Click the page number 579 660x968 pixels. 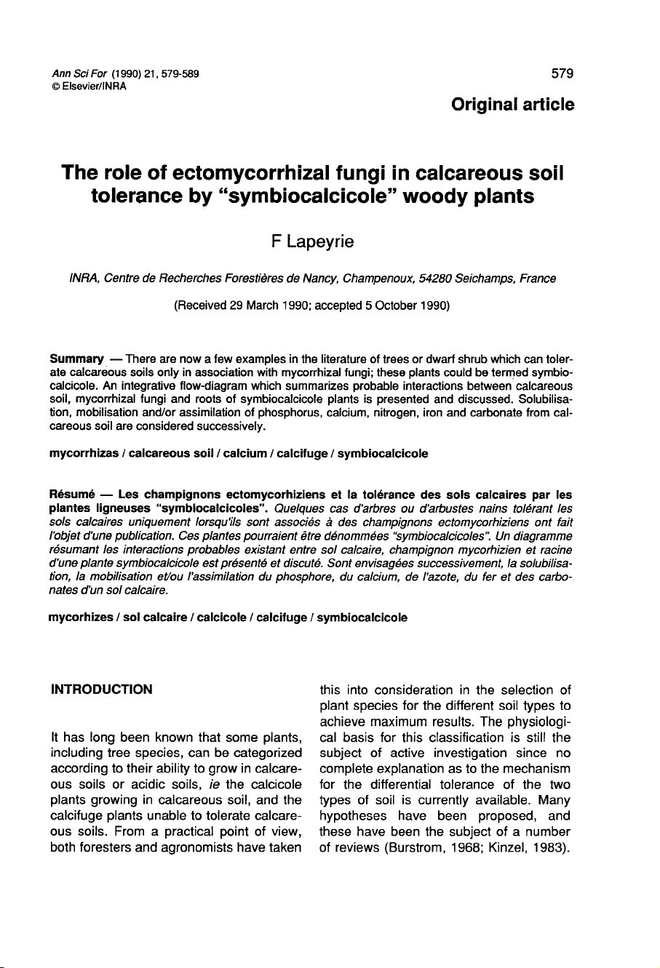point(562,73)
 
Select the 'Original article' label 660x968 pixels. point(512,104)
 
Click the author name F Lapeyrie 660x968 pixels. point(309,242)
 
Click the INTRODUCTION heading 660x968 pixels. point(100,689)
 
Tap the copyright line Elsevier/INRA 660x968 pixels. point(90,87)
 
